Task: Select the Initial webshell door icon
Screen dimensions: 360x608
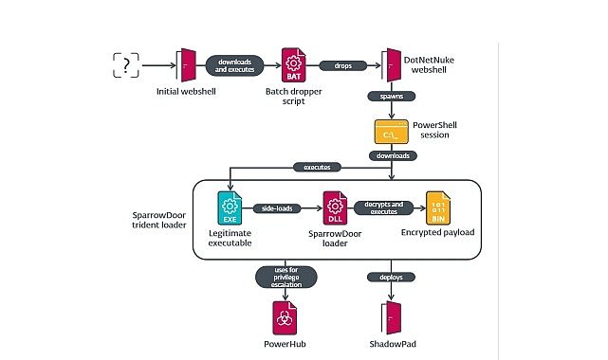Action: [186, 65]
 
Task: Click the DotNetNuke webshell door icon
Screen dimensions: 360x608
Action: [392, 64]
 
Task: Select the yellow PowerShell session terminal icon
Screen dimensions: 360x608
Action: [392, 132]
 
